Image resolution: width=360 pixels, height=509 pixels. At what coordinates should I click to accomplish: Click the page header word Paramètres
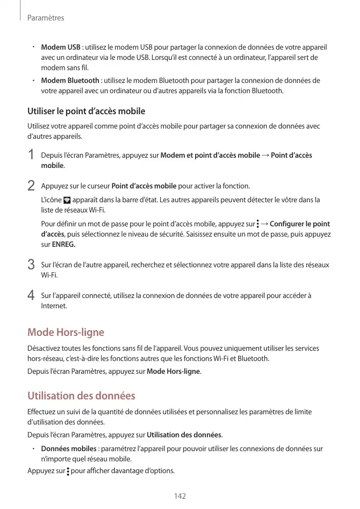pos(46,18)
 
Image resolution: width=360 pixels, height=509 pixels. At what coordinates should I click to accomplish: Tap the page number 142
pos(180,496)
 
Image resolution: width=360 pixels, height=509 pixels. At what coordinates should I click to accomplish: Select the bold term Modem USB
pos(60,48)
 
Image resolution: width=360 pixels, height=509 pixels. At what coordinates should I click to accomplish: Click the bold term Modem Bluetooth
pos(70,80)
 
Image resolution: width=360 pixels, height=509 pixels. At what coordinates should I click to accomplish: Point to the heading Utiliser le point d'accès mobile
pos(86,111)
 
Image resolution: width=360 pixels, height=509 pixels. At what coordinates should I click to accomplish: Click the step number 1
pos(31,155)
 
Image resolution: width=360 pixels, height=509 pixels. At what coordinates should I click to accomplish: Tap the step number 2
pos(31,185)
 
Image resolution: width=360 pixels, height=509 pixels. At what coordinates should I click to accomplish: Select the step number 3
pos(31,265)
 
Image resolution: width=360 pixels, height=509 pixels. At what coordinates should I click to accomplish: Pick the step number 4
pos(31,295)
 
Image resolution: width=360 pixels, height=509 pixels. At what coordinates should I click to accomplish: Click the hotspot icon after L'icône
pos(67,200)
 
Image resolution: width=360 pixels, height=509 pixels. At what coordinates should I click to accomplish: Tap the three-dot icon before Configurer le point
pos(258,224)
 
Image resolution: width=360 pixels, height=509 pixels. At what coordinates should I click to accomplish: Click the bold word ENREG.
pos(63,244)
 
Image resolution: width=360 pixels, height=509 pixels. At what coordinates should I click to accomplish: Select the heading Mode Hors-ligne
pos(66,332)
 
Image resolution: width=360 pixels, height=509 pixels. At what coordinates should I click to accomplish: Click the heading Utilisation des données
pos(81,396)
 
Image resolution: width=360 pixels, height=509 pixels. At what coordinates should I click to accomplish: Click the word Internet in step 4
pos(53,306)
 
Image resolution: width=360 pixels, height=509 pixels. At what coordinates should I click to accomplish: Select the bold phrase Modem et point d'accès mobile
pos(210,155)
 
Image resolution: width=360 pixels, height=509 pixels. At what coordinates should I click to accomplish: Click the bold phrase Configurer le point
pos(300,224)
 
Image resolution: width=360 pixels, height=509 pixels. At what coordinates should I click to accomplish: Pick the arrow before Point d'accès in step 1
pos(265,155)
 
